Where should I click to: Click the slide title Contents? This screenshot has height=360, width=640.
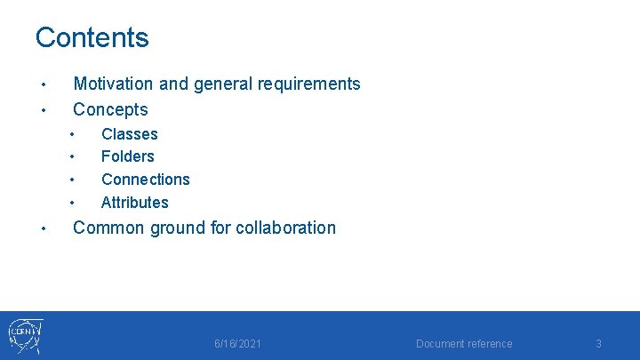[x=92, y=37]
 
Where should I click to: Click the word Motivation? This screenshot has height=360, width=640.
[x=113, y=84]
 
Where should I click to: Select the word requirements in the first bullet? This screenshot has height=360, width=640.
[x=308, y=84]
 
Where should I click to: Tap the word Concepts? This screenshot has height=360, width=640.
[x=110, y=109]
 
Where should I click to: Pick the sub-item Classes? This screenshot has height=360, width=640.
[x=129, y=134]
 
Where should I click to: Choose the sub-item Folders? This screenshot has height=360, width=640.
[x=127, y=156]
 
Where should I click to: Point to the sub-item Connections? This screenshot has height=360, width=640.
[x=145, y=179]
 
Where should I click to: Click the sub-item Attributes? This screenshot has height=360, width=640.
[x=134, y=202]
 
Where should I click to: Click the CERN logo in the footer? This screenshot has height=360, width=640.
[x=25, y=336]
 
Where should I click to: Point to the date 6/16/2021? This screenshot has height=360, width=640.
[x=237, y=344]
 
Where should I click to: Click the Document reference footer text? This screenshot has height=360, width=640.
[x=464, y=344]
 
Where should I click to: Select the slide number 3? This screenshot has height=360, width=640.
[x=598, y=344]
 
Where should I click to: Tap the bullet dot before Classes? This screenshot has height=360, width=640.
[x=71, y=135]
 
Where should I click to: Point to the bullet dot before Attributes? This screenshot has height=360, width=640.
[x=71, y=203]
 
